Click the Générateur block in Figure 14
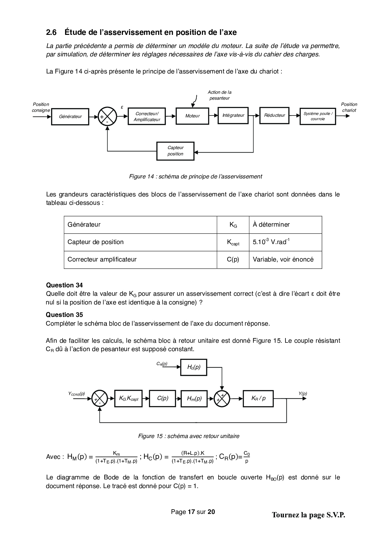[x=70, y=116]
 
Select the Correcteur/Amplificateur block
[x=147, y=116]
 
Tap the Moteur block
[x=192, y=116]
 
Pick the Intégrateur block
[x=233, y=115]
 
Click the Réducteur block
[x=274, y=115]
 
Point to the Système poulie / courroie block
[x=318, y=116]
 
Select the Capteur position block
[x=175, y=151]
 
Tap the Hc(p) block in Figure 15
[x=194, y=367]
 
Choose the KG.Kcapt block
[x=128, y=398]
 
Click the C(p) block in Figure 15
[x=162, y=398]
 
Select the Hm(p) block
[x=194, y=398]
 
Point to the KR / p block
[x=258, y=398]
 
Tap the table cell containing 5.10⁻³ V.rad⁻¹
[x=285, y=242]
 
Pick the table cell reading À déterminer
[x=285, y=224]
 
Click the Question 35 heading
[x=64, y=315]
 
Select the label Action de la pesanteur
[x=219, y=95]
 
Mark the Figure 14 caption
[x=195, y=177]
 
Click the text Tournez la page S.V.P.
[x=308, y=515]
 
